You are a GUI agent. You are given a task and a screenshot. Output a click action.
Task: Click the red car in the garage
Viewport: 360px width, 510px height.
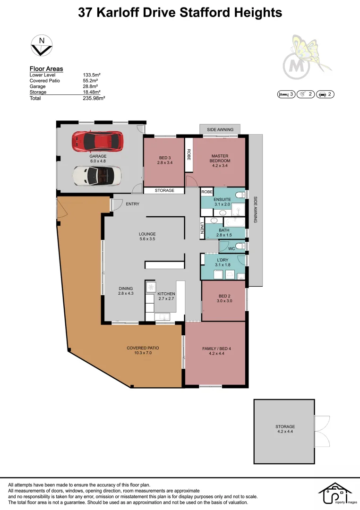98,141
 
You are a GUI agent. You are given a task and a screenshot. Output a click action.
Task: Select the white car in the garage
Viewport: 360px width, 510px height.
97,176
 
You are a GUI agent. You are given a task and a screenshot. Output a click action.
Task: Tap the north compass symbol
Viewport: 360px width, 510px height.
42,46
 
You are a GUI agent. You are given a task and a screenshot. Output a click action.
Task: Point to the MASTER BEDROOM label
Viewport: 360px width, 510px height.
220,158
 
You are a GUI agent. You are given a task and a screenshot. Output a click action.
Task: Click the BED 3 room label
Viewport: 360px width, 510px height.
164,160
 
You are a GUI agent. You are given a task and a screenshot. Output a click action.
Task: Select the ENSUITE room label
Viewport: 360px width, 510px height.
222,202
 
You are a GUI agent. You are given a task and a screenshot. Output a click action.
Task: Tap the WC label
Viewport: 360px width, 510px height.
231,248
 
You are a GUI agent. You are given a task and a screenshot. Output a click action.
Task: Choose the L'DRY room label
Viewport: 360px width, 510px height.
223,262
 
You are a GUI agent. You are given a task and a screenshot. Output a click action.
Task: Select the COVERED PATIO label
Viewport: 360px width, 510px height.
143,350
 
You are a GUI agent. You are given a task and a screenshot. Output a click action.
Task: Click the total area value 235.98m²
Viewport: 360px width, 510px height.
94,98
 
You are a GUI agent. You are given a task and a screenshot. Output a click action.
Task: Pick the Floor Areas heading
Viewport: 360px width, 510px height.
46,69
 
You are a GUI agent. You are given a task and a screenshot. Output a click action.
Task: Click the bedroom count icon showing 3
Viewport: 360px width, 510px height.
286,94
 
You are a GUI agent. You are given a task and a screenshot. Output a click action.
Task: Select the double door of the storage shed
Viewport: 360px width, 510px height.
322,430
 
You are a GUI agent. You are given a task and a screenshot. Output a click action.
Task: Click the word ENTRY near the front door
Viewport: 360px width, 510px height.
132,204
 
